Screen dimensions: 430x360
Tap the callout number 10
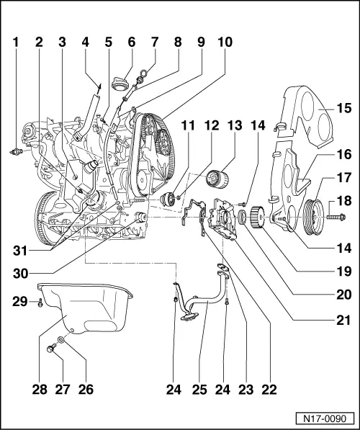[225, 42]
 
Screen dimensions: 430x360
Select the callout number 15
[342, 109]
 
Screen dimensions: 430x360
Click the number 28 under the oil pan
[40, 390]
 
